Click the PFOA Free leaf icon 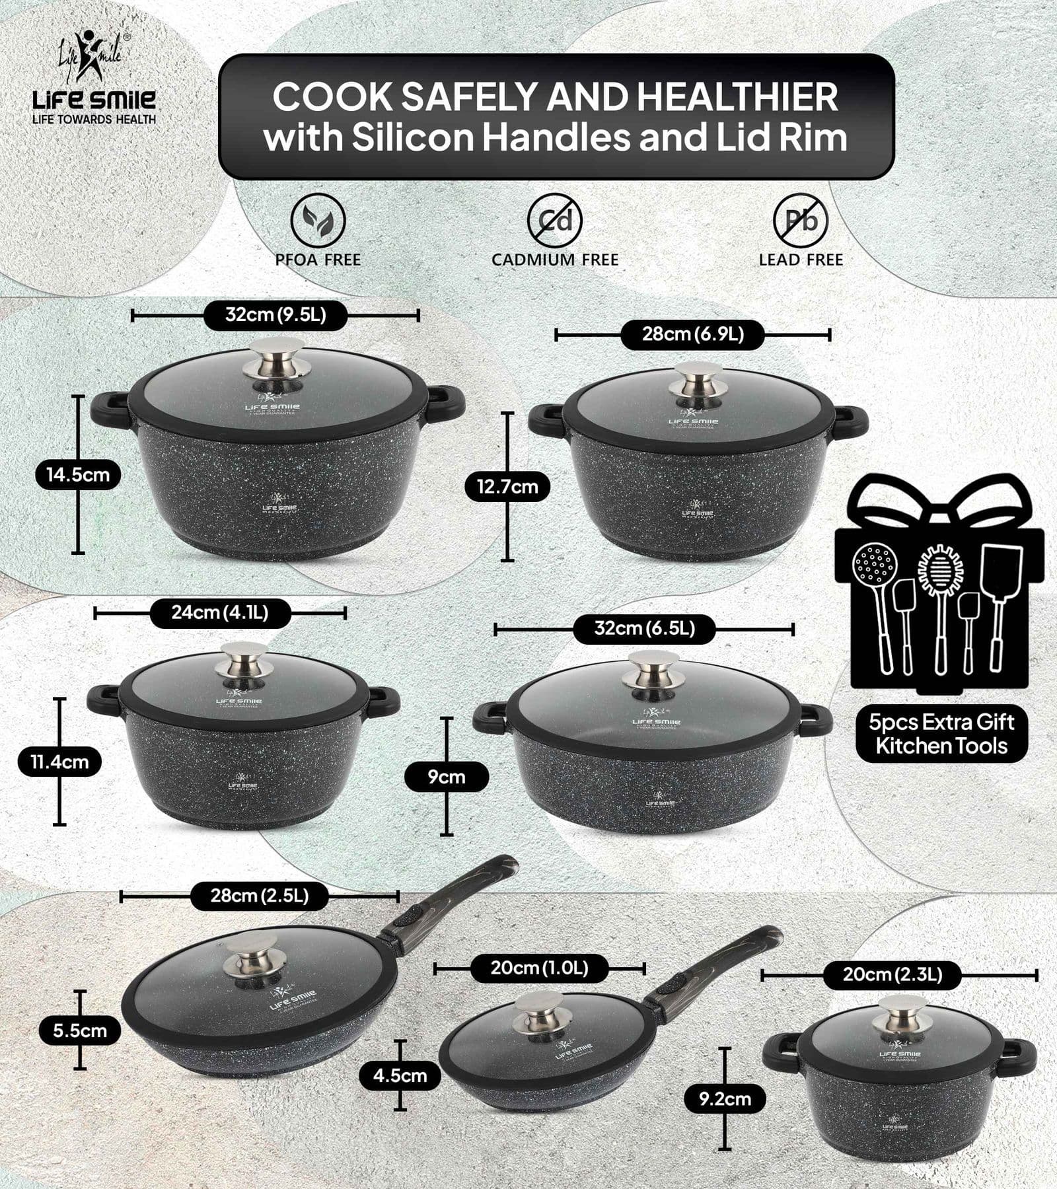click(318, 220)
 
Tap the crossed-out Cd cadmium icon click(554, 220)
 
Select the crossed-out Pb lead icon click(800, 220)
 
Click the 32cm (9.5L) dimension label click(275, 314)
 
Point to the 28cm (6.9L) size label click(693, 334)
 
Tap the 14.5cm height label click(78, 474)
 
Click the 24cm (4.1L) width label click(220, 612)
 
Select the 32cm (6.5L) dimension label click(644, 628)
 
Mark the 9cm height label click(447, 777)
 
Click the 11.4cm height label click(59, 762)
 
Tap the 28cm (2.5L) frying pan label click(260, 896)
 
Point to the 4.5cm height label click(400, 1075)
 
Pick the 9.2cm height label click(725, 1099)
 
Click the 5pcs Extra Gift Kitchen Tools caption click(941, 734)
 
